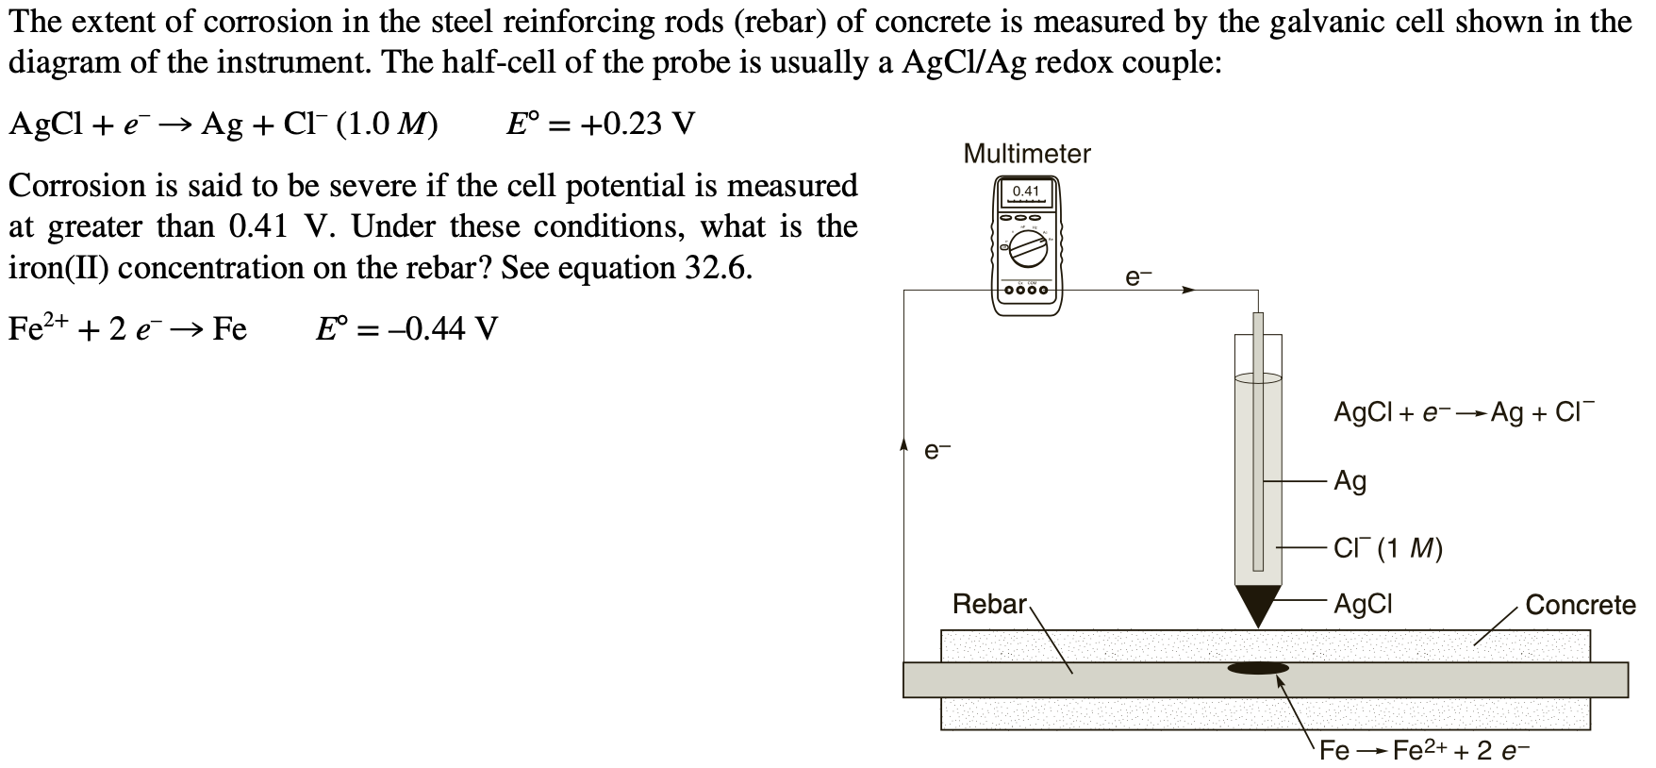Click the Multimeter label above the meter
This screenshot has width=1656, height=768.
coord(1026,154)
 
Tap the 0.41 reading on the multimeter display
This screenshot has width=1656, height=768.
coord(1025,192)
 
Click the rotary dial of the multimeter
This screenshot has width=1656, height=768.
coord(1027,252)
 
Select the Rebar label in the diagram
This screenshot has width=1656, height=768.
coord(989,604)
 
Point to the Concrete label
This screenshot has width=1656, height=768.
coord(1580,605)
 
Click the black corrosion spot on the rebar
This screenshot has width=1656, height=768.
coord(1258,668)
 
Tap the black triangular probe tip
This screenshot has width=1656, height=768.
coord(1257,603)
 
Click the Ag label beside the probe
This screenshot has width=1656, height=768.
coord(1350,481)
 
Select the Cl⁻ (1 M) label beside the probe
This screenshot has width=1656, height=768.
coord(1387,548)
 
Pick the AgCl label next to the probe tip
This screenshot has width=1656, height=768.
coord(1362,604)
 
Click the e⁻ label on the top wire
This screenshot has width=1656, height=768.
coord(1138,276)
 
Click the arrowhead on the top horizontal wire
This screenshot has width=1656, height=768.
coord(1189,291)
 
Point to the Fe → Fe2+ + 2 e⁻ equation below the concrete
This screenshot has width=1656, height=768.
coord(1423,751)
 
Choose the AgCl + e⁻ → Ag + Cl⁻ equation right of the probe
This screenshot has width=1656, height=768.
coord(1461,413)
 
